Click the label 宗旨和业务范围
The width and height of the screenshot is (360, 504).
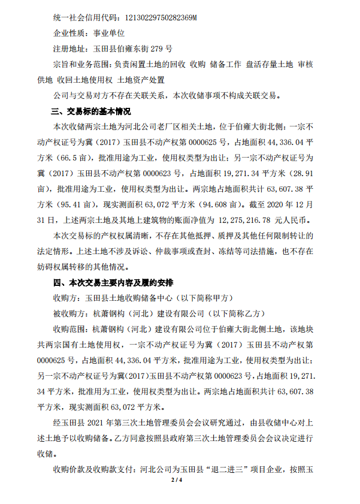tap(81, 64)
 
